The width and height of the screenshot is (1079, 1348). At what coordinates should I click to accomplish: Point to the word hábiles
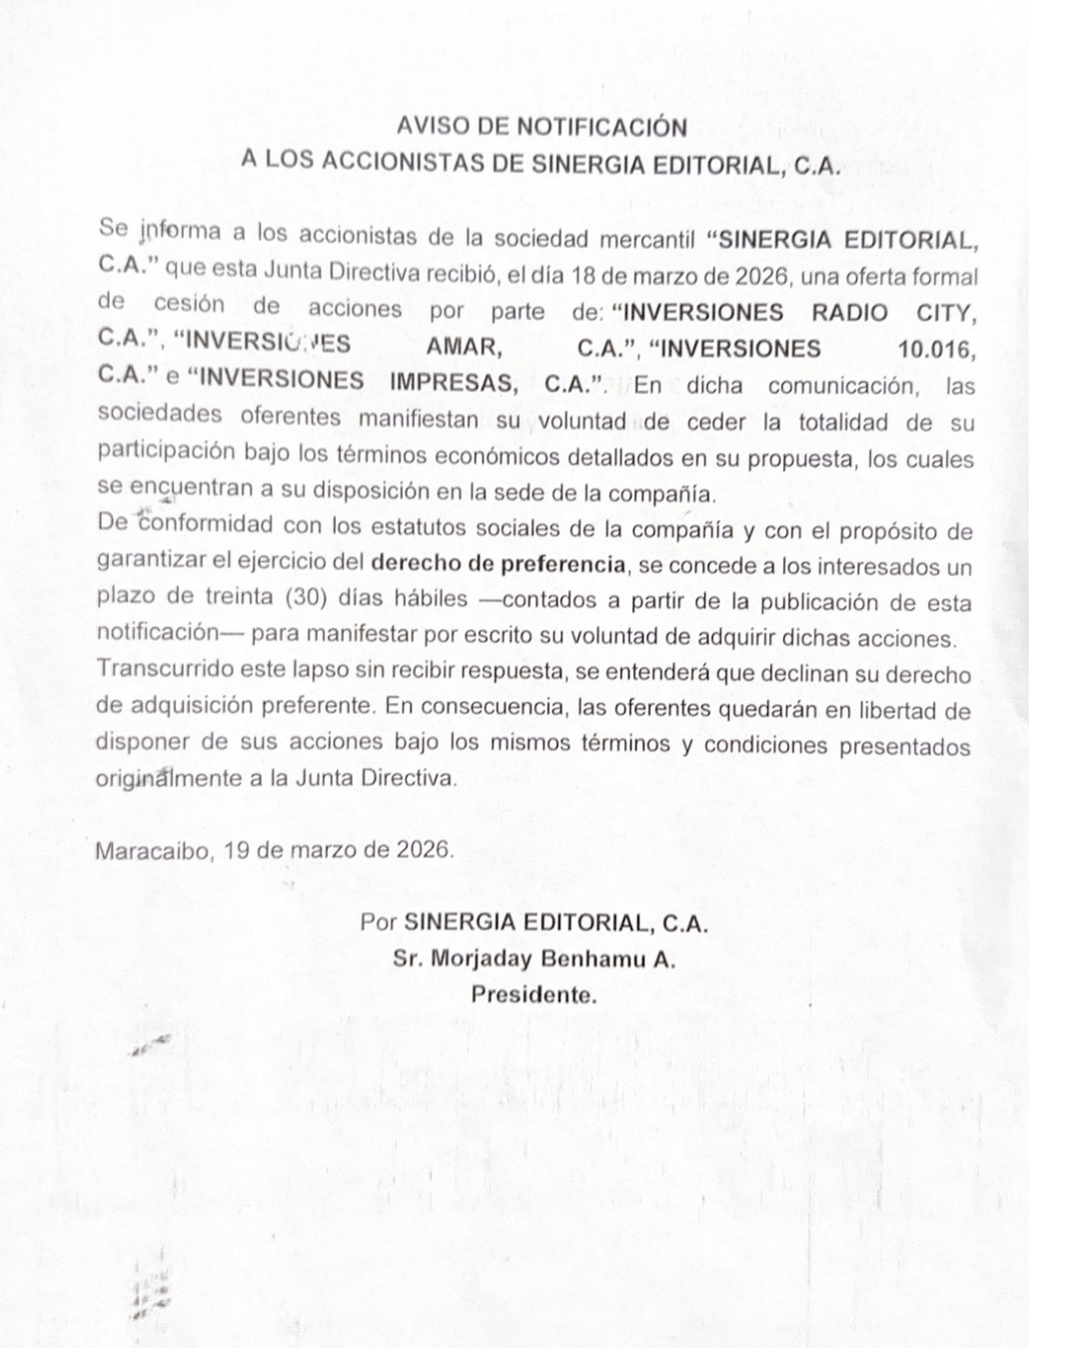pyautogui.click(x=428, y=599)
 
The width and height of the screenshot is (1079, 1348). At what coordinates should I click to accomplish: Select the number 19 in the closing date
pyautogui.click(x=236, y=851)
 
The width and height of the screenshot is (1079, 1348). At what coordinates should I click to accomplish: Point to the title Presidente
pyautogui.click(x=535, y=996)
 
